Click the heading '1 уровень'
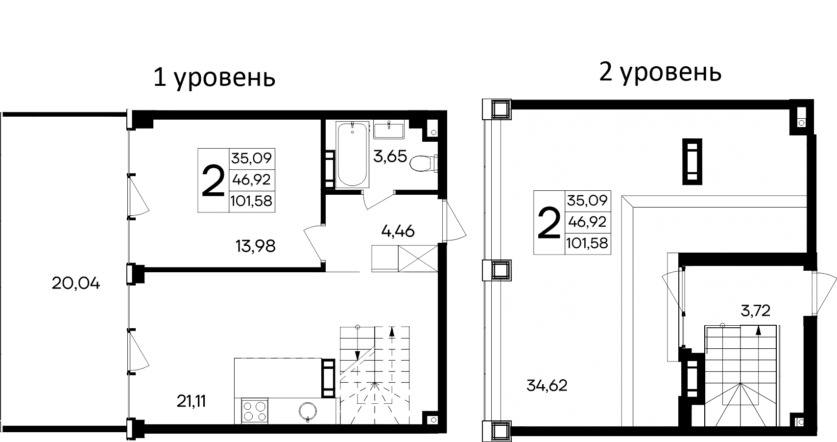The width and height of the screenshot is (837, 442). tap(214, 78)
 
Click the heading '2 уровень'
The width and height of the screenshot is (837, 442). tap(660, 73)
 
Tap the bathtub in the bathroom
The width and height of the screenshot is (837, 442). tap(352, 154)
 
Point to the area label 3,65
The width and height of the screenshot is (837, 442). tap(390, 157)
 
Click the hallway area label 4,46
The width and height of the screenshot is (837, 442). tap(398, 231)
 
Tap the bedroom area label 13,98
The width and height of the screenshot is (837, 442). tap(255, 246)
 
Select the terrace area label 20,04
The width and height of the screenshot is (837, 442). tap(76, 283)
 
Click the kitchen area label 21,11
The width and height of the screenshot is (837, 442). tap(191, 401)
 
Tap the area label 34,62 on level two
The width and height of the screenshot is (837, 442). tap(547, 386)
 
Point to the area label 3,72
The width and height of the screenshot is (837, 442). tap(755, 311)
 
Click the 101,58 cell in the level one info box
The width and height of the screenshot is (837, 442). tap(252, 201)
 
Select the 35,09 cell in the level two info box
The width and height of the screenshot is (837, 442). tap(587, 200)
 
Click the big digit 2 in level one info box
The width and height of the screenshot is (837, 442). tap(213, 181)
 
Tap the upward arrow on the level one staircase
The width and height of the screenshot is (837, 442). tap(392, 332)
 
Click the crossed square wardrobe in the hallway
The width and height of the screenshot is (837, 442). tap(418, 258)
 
